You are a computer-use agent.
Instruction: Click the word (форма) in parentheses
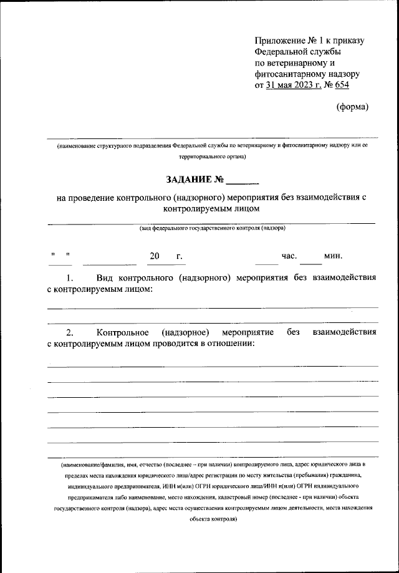point(352,107)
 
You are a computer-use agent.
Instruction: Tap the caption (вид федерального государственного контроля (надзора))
point(212,228)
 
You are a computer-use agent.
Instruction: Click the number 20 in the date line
point(155,256)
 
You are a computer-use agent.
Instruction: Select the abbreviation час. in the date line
point(290,256)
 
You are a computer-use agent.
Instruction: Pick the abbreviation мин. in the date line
point(333,256)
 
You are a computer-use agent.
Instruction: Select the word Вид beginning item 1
point(106,277)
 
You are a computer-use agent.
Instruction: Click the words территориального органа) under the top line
point(212,157)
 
